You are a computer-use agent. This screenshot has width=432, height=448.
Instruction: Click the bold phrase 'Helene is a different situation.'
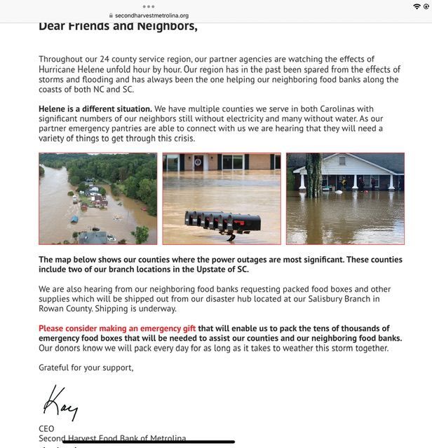(x=95, y=109)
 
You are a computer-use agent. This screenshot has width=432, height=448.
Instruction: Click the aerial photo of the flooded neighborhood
(x=98, y=198)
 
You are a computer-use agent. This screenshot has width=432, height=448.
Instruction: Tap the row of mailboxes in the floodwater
(x=222, y=222)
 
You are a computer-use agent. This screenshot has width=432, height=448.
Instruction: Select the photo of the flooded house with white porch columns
(x=345, y=198)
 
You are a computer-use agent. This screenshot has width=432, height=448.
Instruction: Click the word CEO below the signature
(x=46, y=428)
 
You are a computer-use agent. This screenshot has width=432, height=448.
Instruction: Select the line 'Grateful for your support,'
(x=86, y=367)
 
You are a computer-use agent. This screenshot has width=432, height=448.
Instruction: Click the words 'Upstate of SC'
(x=223, y=269)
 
